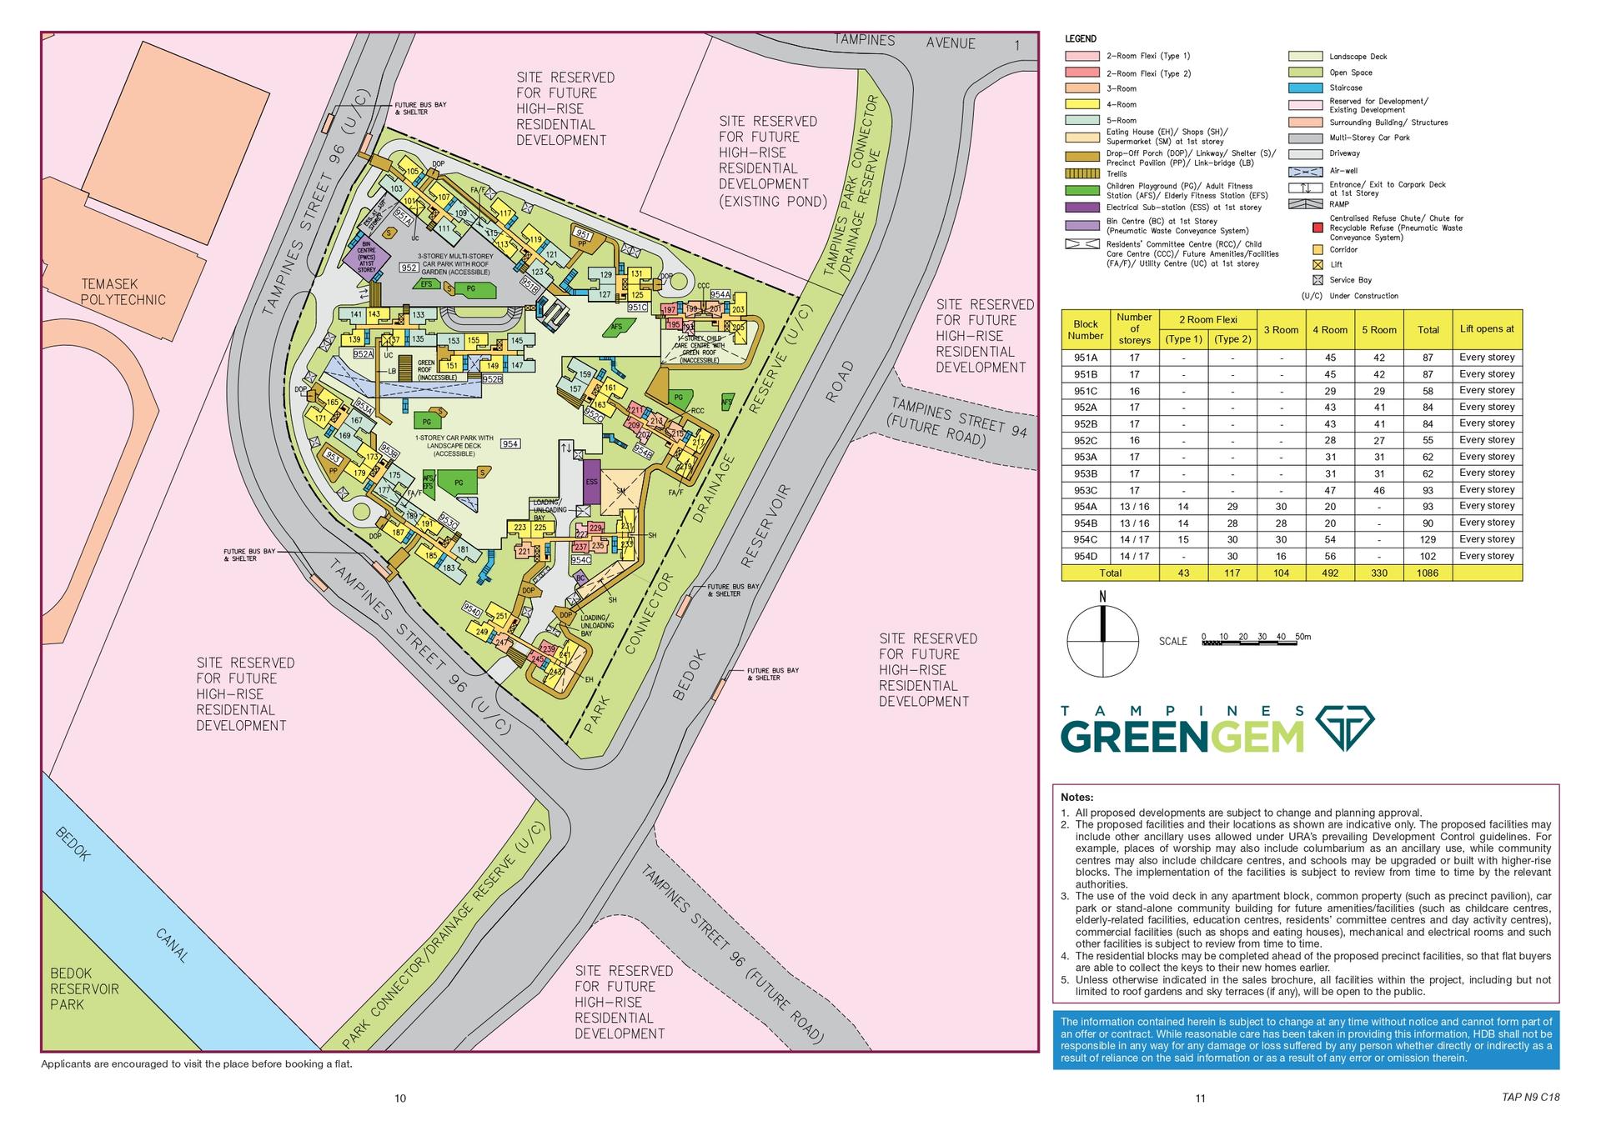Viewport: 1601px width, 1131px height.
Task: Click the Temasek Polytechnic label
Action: (x=123, y=292)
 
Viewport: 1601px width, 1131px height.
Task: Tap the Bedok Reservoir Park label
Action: (x=83, y=988)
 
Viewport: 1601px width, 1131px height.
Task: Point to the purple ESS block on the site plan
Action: (x=591, y=482)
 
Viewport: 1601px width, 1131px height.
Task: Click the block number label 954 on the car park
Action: (x=510, y=444)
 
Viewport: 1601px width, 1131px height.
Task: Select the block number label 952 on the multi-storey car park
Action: (x=409, y=268)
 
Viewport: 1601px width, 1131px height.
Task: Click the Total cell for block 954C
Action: (x=1428, y=539)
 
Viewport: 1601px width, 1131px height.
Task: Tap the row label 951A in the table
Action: (x=1085, y=358)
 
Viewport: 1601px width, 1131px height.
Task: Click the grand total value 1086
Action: (x=1428, y=573)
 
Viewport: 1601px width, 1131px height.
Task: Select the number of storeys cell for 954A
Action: (x=1134, y=507)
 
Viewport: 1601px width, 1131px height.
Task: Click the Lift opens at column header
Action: (x=1487, y=329)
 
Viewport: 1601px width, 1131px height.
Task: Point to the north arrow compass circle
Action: (x=1102, y=641)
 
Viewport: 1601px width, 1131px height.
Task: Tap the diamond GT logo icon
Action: (x=1344, y=728)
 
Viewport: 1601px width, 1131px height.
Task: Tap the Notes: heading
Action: (x=1077, y=798)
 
